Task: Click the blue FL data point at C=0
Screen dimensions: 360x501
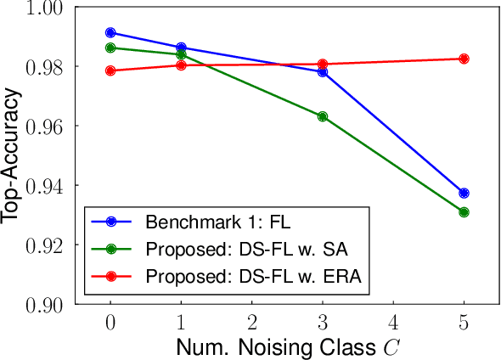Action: tap(110, 32)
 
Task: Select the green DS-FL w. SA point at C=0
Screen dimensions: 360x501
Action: tap(110, 48)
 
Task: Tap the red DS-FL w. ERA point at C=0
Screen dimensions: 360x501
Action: tap(110, 70)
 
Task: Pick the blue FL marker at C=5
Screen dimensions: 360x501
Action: tap(464, 193)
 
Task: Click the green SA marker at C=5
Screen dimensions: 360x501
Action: tap(464, 212)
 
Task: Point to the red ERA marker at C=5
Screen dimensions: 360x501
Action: tap(464, 59)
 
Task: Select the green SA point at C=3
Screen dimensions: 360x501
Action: tap(323, 115)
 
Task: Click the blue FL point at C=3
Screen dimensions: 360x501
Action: tap(323, 72)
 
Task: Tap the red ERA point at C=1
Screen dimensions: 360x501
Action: tap(181, 65)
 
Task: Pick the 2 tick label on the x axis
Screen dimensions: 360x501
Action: tap(252, 323)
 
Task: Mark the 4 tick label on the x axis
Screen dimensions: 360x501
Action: tap(393, 323)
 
